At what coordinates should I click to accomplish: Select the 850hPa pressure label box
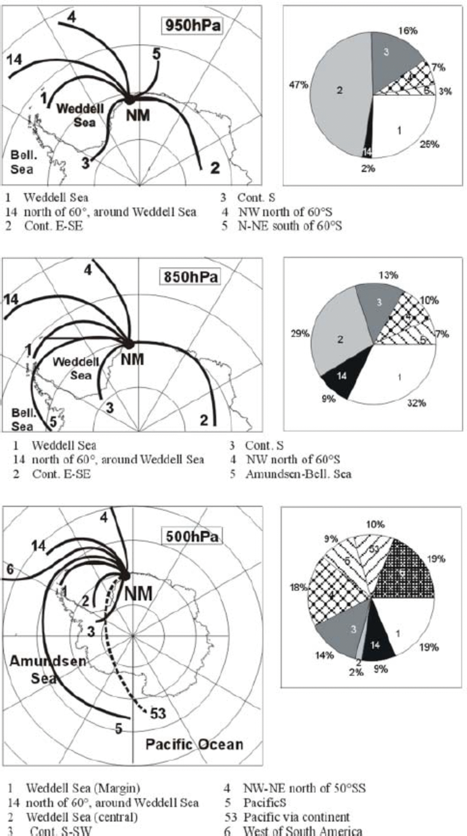coord(190,277)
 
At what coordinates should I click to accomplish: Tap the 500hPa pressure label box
coord(192,536)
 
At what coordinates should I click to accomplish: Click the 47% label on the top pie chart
coord(298,85)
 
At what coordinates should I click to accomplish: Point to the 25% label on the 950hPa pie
coord(429,145)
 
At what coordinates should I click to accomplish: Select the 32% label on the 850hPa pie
coord(417,403)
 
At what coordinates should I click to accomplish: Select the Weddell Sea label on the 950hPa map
coord(80,115)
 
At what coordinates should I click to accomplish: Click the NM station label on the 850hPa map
coord(132,359)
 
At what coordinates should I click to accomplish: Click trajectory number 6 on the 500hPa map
coord(10,569)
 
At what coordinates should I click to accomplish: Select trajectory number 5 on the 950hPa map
coord(157,54)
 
